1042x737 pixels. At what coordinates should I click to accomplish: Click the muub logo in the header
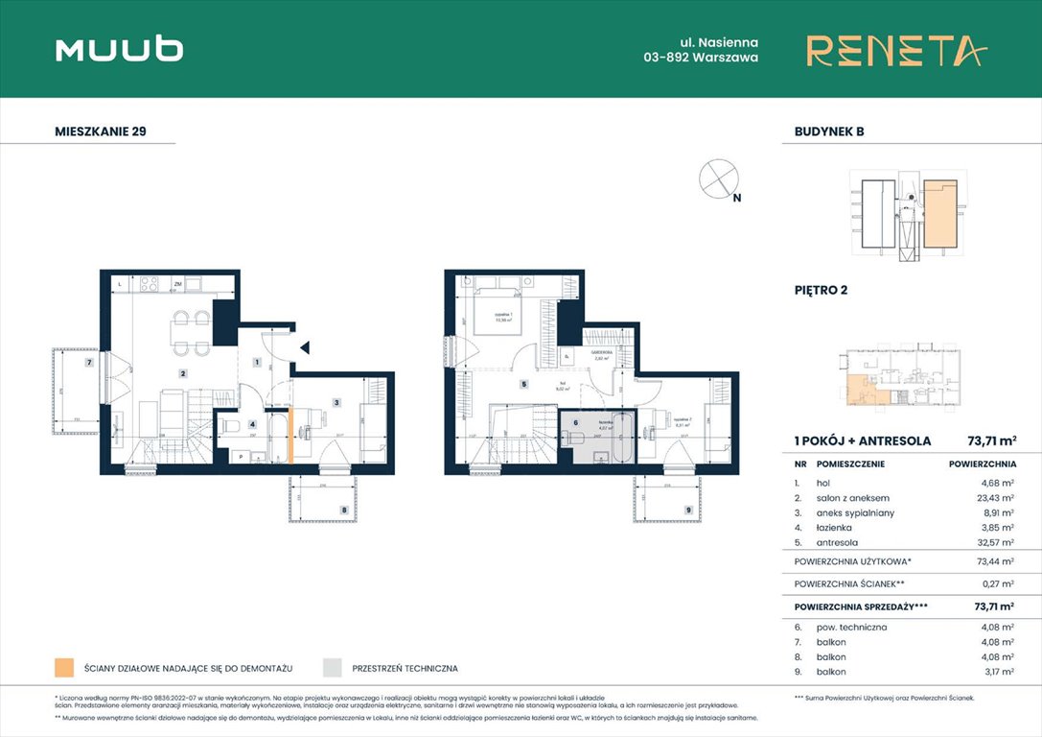pos(119,49)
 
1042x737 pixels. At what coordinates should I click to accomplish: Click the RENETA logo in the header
pos(895,50)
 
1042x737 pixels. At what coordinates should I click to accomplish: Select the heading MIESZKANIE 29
pos(101,131)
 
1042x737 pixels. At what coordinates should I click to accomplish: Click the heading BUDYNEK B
pos(829,131)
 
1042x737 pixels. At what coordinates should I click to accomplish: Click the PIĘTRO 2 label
pos(821,289)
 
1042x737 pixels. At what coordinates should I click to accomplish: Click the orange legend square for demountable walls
pos(64,667)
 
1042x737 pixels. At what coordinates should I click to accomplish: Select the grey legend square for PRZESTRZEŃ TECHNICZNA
pos(332,667)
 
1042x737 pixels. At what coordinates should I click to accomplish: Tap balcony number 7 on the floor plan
pos(88,363)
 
